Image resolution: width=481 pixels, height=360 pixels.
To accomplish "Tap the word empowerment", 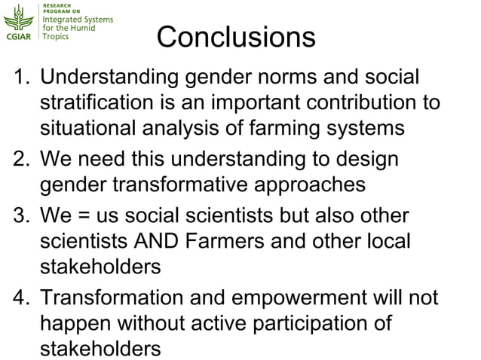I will (299, 297).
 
